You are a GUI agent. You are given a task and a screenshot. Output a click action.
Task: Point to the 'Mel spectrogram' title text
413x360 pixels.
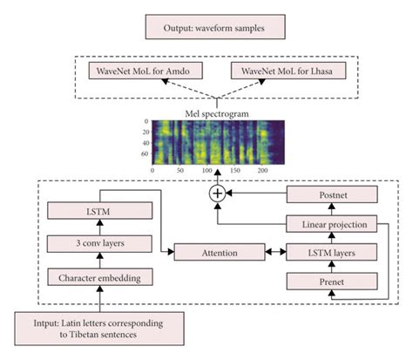point(206,112)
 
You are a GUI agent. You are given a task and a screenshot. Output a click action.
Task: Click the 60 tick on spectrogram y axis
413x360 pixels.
point(145,153)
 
